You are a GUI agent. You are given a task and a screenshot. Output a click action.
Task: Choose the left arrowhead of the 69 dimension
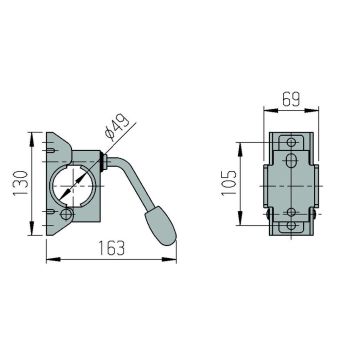[264, 111]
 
